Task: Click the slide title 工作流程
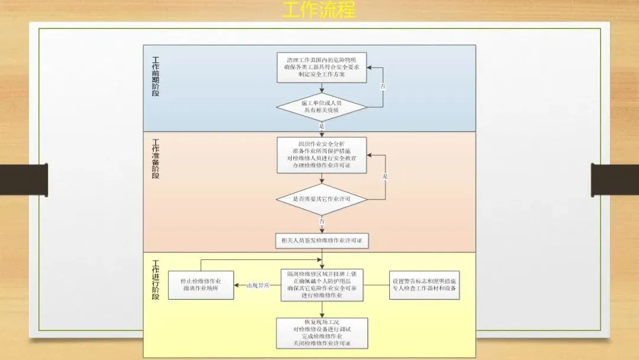pyautogui.click(x=319, y=10)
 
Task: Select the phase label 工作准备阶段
pyautogui.click(x=156, y=159)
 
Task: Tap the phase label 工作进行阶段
pyautogui.click(x=156, y=279)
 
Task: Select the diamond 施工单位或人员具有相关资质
pyautogui.click(x=322, y=107)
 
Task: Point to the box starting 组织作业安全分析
pyautogui.click(x=322, y=155)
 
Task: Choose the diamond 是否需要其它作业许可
pyautogui.click(x=322, y=199)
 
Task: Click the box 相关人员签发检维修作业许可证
pyautogui.click(x=322, y=240)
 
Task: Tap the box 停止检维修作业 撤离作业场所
pyautogui.click(x=201, y=285)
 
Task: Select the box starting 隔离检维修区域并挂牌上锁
pyautogui.click(x=322, y=285)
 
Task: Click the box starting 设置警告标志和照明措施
pyautogui.click(x=424, y=285)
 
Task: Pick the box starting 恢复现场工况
pyautogui.click(x=322, y=333)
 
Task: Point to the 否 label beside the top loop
pyautogui.click(x=383, y=86)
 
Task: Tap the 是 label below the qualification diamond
pyautogui.click(x=322, y=126)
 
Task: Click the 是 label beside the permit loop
pyautogui.click(x=385, y=176)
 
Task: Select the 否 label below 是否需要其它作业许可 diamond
pyautogui.click(x=322, y=221)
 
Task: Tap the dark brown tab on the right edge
pyautogui.click(x=615, y=179)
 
